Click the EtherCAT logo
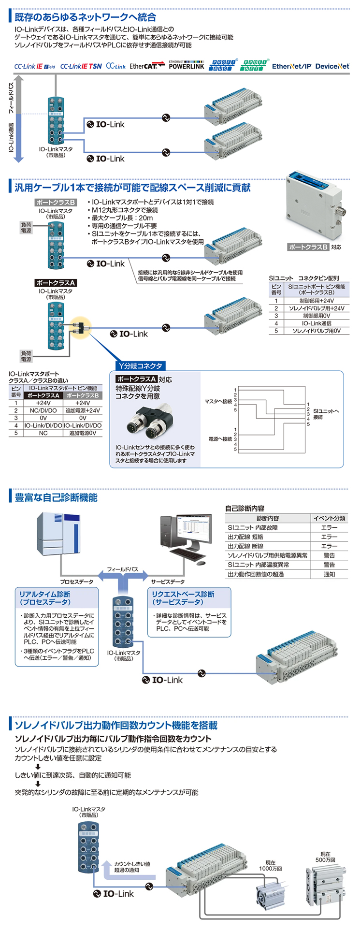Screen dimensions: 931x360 tap(144, 66)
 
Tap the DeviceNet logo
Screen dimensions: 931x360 tap(332, 66)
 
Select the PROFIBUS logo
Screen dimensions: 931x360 tap(223, 65)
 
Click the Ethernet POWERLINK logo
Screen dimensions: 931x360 tap(186, 65)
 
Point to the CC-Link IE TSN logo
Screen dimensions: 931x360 tap(81, 66)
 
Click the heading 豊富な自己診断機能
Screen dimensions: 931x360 tap(56, 497)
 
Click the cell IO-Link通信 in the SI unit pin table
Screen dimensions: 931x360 tap(317, 323)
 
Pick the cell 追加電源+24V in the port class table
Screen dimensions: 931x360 tap(83, 410)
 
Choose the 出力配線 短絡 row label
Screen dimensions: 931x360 tap(245, 537)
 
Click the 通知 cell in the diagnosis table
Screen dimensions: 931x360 tap(329, 574)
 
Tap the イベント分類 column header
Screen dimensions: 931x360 tap(329, 518)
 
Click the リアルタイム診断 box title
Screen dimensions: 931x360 tap(44, 598)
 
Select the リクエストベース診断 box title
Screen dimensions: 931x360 tap(183, 598)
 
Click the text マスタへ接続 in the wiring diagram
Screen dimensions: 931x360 tap(218, 401)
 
